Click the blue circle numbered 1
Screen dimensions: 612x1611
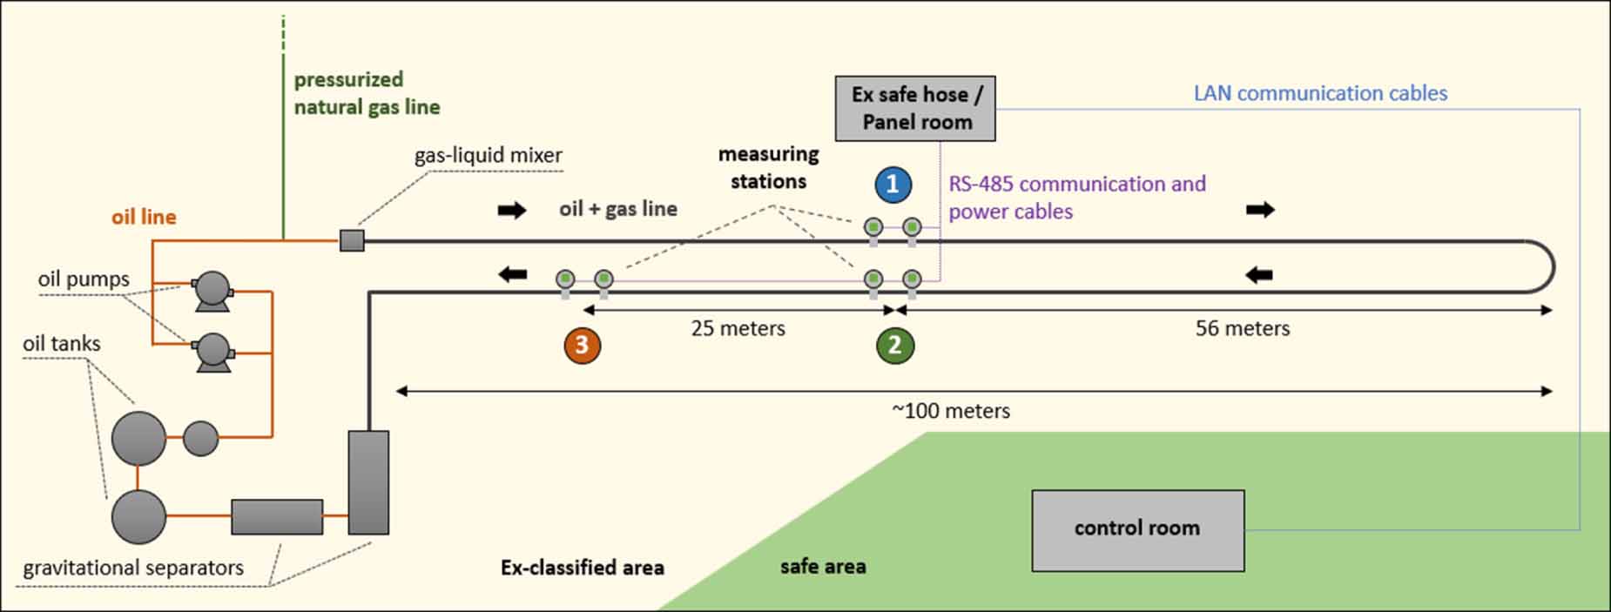coord(893,185)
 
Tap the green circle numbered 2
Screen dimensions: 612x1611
coord(894,345)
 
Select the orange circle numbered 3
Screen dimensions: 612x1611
coord(582,345)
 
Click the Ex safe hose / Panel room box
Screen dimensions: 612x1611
coord(915,109)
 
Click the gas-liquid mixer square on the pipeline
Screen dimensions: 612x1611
coord(352,240)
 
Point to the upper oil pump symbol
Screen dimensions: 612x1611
coord(212,291)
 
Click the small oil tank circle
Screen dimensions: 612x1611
coord(201,438)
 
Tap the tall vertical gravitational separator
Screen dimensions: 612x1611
coord(368,482)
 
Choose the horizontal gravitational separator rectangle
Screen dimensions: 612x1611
coord(277,517)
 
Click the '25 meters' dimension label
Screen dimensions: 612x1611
coord(738,329)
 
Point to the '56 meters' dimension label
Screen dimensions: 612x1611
coord(1242,329)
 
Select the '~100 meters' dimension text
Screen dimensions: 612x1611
coord(951,411)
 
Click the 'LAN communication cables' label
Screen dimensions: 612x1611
coord(1319,94)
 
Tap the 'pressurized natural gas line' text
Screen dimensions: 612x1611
coord(366,93)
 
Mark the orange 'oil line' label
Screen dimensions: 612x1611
coord(144,217)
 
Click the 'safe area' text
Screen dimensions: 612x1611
coord(822,567)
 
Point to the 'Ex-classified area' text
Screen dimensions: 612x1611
coord(582,568)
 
